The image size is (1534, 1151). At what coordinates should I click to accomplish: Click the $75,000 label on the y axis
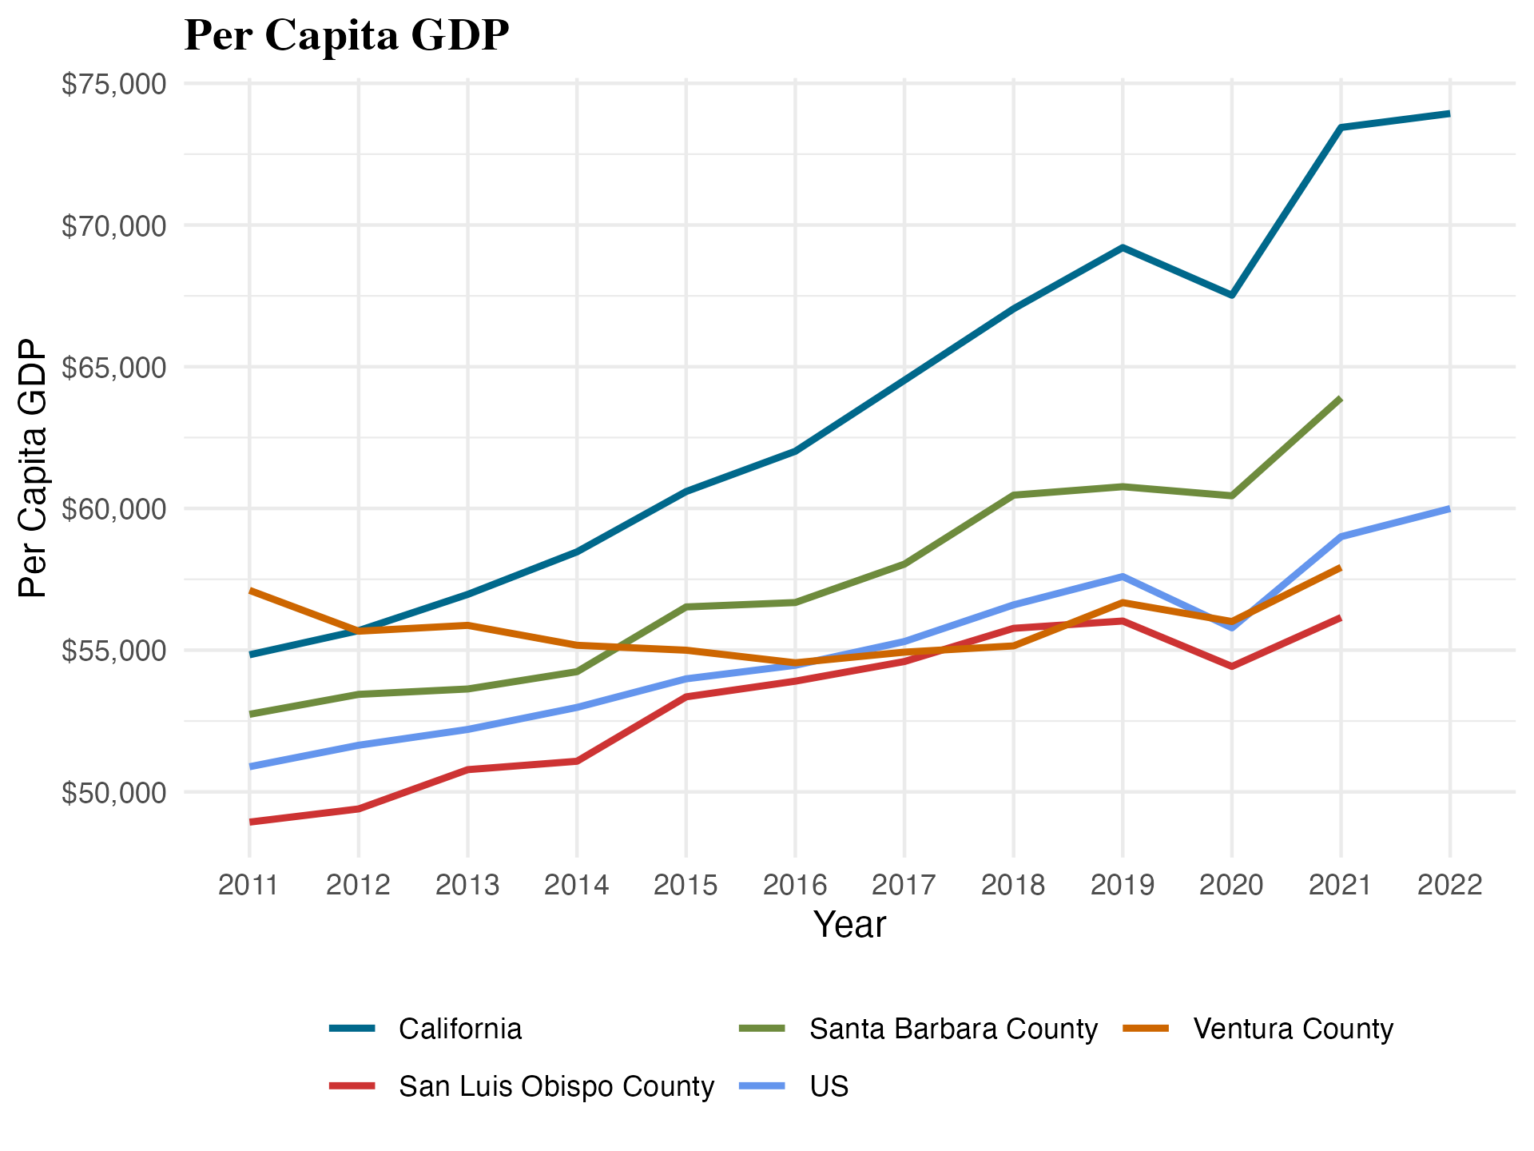[114, 84]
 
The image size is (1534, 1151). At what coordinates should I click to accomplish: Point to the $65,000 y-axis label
[114, 368]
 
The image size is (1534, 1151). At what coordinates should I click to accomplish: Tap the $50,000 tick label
[114, 793]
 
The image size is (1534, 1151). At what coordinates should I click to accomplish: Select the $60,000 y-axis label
[114, 509]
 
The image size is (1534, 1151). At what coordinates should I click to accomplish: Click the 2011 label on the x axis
[248, 885]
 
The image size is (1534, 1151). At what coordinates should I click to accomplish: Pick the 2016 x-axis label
[795, 885]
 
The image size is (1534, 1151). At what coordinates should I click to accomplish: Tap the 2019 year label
[1123, 885]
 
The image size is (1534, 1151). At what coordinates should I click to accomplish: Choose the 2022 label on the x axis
[1449, 885]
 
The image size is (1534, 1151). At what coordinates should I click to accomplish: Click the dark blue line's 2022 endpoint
[1449, 114]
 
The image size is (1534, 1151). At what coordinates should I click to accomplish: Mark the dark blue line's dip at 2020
[1231, 295]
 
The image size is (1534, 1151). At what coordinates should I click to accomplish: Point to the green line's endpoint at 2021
[1340, 398]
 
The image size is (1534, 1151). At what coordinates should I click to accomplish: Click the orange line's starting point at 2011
[251, 591]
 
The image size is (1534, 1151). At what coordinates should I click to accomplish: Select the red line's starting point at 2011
[251, 822]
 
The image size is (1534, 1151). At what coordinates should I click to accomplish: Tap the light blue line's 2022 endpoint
[1449, 509]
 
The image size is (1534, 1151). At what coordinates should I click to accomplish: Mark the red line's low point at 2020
[1231, 666]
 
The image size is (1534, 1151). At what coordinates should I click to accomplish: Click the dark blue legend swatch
[352, 1028]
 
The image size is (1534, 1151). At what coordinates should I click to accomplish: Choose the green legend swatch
[761, 1028]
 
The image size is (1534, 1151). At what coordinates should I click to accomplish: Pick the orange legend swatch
[1146, 1028]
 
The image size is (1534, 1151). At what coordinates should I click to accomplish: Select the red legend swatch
[352, 1085]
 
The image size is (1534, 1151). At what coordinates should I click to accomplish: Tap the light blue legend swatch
[761, 1085]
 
